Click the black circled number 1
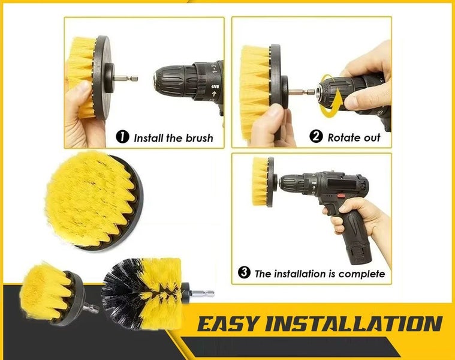point(122,137)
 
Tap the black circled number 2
point(316,137)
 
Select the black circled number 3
point(244,272)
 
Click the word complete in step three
point(361,274)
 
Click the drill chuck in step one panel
point(176,79)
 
